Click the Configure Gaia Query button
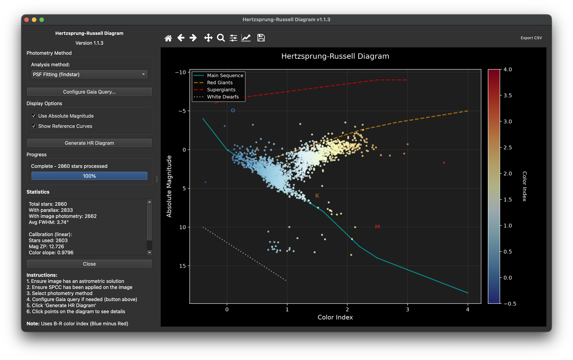[89, 92]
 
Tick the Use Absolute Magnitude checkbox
[34, 116]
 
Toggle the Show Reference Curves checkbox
[34, 126]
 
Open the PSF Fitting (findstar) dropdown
[89, 74]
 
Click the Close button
[89, 264]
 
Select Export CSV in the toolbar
[531, 38]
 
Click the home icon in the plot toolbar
[168, 38]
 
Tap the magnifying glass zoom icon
[221, 38]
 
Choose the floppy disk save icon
[261, 38]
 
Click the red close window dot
[27, 20]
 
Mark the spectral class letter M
[377, 227]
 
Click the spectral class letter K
[317, 196]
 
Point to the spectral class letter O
[233, 110]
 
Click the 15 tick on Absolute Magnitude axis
[182, 266]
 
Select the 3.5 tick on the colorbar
[508, 96]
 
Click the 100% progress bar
[89, 176]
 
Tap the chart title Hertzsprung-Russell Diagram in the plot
[335, 56]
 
